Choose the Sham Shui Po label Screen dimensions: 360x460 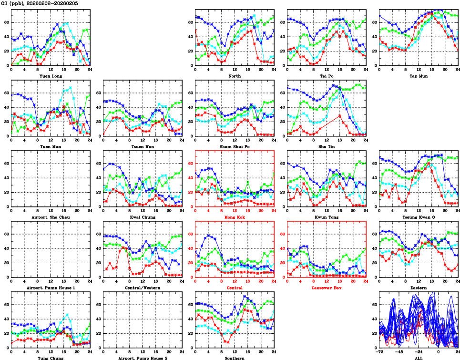pos(234,146)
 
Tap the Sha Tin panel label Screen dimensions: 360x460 pos(326,146)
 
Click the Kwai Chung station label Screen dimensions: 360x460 pos(142,217)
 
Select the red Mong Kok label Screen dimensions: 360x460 pos(234,217)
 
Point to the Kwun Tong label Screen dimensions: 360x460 pos(326,217)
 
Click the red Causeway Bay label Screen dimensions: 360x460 pos(326,288)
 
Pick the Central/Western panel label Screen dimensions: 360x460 pos(142,288)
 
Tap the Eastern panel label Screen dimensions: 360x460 pos(418,288)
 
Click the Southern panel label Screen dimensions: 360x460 pos(234,358)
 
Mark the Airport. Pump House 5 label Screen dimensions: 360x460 pos(142,358)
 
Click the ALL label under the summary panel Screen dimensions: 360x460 pos(418,358)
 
